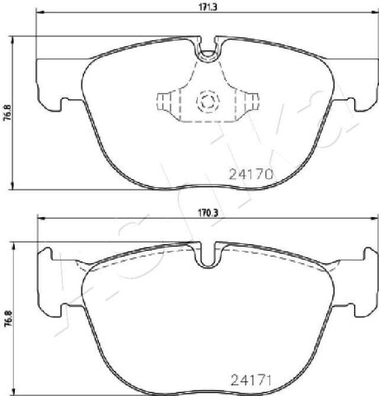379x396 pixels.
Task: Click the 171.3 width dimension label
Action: (208, 7)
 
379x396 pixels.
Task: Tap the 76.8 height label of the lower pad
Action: (7, 319)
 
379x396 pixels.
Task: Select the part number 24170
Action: (251, 174)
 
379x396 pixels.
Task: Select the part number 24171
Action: (251, 380)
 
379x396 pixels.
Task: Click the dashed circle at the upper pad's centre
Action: (208, 101)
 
